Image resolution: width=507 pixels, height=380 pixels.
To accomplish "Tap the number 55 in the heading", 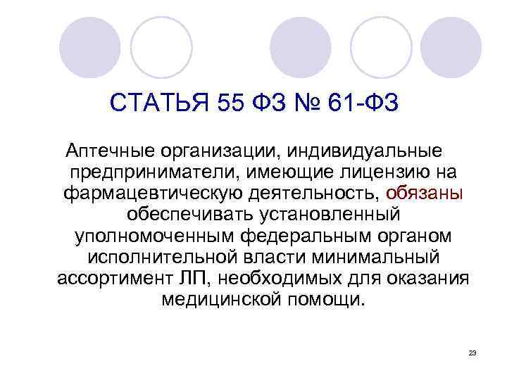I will point(227,105).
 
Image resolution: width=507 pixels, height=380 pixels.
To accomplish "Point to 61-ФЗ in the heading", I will point(368,105).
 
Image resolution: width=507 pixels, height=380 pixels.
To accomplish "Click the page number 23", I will point(472,352).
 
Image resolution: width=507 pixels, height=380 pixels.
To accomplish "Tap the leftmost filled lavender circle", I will point(90,47).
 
